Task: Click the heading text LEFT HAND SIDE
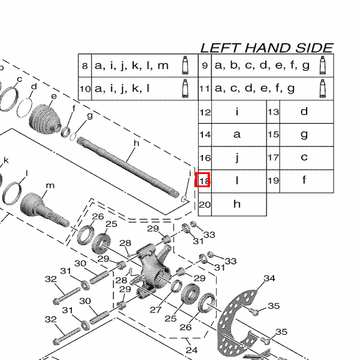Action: (266, 48)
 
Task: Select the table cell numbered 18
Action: (205, 180)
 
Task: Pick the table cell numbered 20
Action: (205, 204)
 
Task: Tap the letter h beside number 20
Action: (237, 204)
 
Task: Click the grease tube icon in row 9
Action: (323, 65)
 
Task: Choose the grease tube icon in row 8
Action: (185, 65)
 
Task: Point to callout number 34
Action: (269, 278)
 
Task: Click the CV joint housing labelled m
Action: (39, 207)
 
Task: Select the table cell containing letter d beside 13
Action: (304, 112)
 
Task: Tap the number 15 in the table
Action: (273, 134)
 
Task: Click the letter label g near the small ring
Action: (89, 115)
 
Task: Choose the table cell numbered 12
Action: (205, 112)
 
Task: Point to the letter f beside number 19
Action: (304, 180)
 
